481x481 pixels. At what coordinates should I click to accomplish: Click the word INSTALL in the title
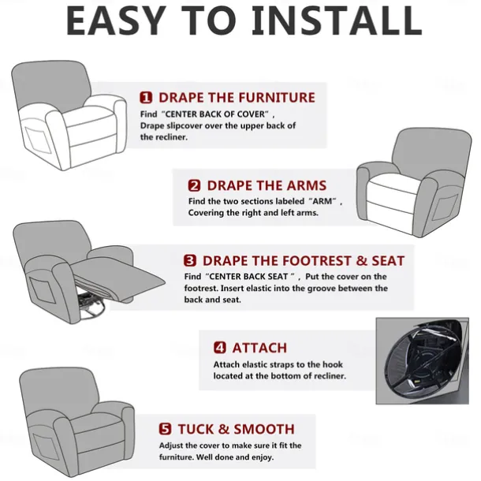pos(337,21)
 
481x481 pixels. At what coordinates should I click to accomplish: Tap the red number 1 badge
pos(146,97)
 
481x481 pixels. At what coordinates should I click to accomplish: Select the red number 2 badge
pos(194,185)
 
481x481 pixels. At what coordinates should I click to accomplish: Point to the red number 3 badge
pos(190,260)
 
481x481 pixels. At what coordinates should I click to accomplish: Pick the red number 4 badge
pos(220,348)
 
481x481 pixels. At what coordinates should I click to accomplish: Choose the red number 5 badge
pos(165,429)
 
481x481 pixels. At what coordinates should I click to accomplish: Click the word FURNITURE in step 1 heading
pos(277,98)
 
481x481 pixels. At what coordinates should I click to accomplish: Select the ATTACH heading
pos(259,348)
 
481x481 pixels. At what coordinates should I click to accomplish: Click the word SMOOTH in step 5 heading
pos(264,429)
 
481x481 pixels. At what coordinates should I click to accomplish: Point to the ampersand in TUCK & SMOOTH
pos(223,429)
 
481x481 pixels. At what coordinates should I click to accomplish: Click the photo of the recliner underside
pos(423,361)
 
